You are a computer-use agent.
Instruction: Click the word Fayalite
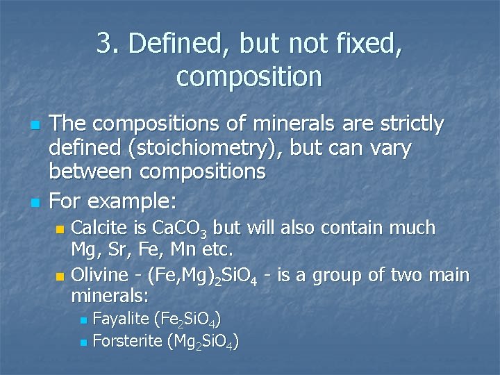tap(121, 319)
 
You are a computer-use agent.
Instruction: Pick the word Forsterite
tap(128, 341)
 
